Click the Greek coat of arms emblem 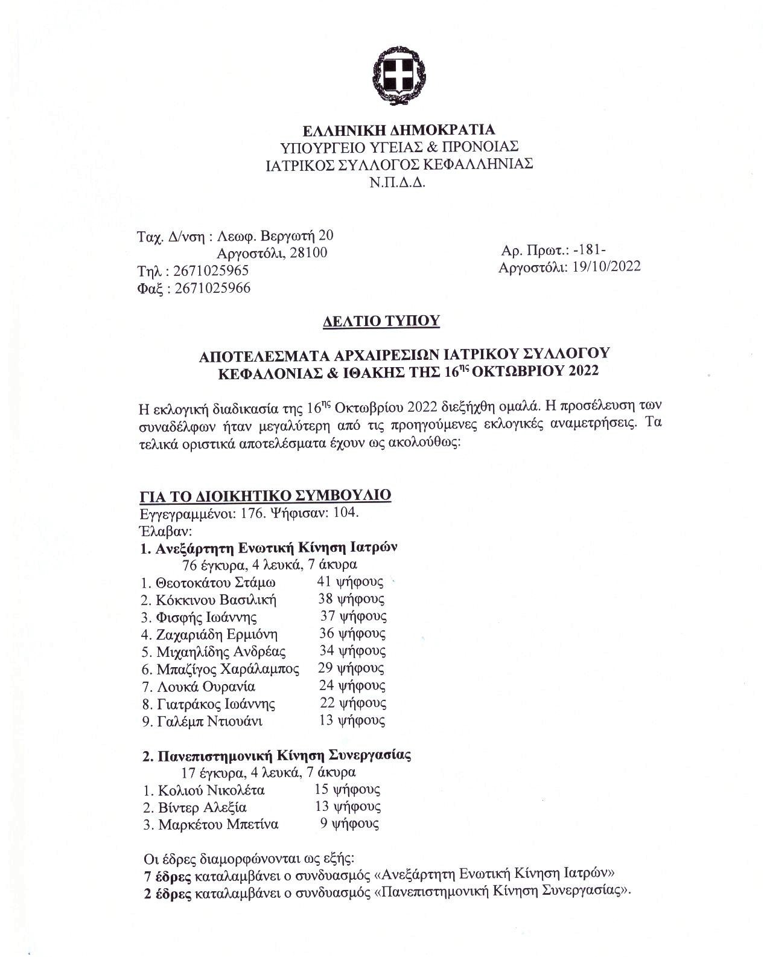click(x=399, y=77)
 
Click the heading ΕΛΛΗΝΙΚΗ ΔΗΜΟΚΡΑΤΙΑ click(x=399, y=130)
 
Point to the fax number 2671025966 click(x=212, y=288)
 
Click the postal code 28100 click(x=308, y=253)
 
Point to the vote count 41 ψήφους click(x=351, y=582)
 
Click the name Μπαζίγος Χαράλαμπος click(x=228, y=669)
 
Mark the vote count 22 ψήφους click(x=353, y=703)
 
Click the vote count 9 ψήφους click(x=349, y=824)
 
